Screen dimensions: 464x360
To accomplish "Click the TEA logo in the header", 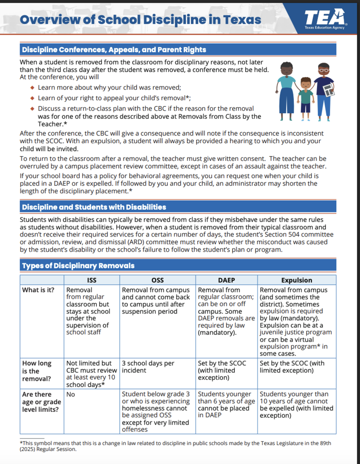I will pos(324,19).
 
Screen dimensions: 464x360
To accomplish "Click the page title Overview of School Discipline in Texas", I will pos(141,20).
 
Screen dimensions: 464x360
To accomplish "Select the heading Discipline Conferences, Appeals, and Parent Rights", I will pos(114,50).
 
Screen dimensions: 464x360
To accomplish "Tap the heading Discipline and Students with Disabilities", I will pos(94,207).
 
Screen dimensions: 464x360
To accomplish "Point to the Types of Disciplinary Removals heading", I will pos(78,266).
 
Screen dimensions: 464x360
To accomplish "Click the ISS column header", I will pos(91,280).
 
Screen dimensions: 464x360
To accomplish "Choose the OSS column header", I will pos(157,280).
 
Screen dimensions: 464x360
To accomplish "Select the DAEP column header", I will pos(226,280).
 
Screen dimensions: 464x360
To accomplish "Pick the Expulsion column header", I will pos(297,280).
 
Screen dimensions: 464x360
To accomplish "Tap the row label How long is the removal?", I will pos(37,371).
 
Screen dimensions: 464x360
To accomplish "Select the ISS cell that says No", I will pos(71,394).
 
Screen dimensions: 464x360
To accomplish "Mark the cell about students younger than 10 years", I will pos(297,405).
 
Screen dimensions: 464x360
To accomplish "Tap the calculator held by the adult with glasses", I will pos(329,89).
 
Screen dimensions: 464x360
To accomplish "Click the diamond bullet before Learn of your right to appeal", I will pos(32,98).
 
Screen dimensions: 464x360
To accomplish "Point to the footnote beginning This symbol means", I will pos(175,446).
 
